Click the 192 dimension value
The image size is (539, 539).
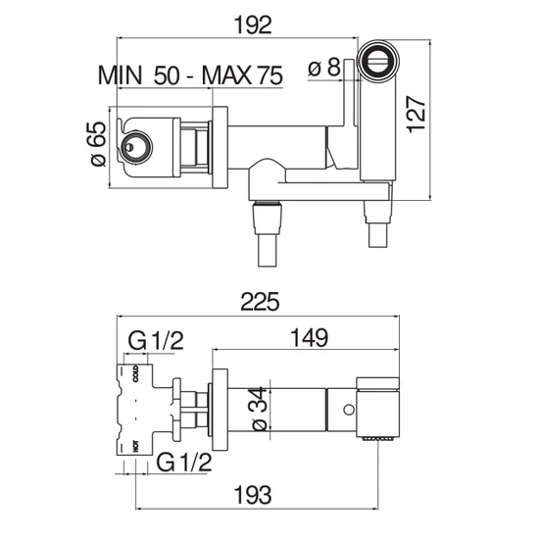pyautogui.click(x=253, y=24)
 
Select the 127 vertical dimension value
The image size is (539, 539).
pyautogui.click(x=416, y=114)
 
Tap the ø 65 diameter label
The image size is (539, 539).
pyautogui.click(x=98, y=144)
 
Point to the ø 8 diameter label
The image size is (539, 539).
pyautogui.click(x=323, y=67)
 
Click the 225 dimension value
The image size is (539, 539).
pyautogui.click(x=260, y=302)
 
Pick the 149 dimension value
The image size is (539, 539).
pyautogui.click(x=310, y=337)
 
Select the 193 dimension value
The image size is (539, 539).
pyautogui.click(x=253, y=495)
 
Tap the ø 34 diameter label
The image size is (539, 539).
pyautogui.click(x=260, y=409)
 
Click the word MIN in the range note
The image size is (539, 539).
pyautogui.click(x=120, y=75)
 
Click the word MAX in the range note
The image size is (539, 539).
pyautogui.click(x=227, y=75)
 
